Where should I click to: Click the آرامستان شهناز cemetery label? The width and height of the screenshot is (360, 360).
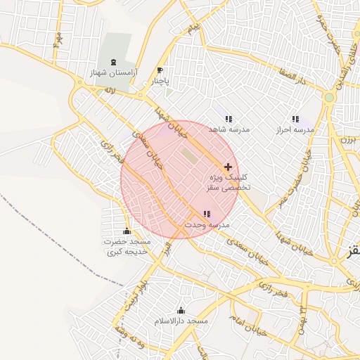pos(113,73)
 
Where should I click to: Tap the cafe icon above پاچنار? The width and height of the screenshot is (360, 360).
pos(160,70)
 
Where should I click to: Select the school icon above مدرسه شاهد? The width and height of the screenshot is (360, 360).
pos(229,118)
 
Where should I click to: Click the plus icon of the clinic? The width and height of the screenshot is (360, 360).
pos(228,167)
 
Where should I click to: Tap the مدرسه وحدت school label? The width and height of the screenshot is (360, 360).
pos(207,225)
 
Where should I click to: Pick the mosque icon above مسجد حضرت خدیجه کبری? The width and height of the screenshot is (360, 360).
pos(127,231)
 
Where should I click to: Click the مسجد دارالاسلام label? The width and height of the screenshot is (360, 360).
pos(181,321)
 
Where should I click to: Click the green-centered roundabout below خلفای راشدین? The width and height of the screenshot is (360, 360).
pos(329,97)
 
